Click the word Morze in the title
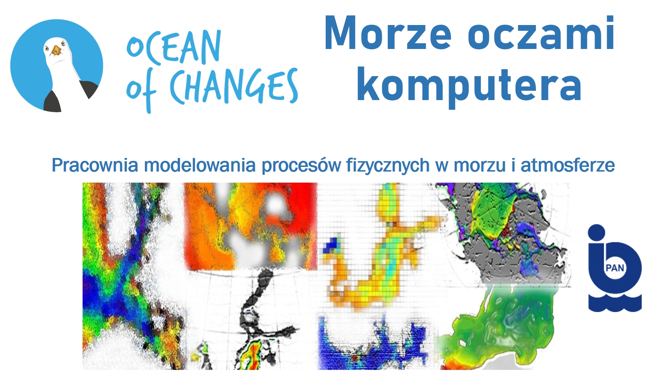coord(388,33)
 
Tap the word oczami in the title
coord(541,33)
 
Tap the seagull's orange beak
coord(56,51)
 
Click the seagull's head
coord(56,50)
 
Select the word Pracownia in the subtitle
coord(95,165)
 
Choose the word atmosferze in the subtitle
coord(568,165)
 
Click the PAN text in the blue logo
coord(615,268)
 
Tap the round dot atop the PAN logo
coord(597,233)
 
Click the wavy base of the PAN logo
coord(615,303)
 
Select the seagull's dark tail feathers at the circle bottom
coord(53,102)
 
